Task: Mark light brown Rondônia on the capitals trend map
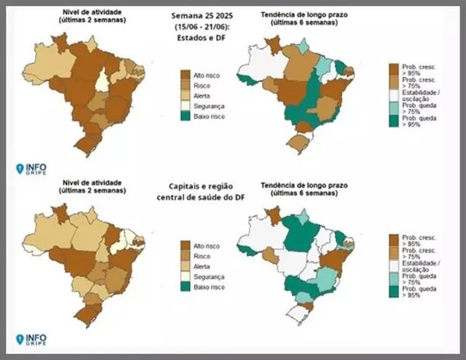pyautogui.click(x=269, y=254)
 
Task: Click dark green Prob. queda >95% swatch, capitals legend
pyautogui.click(x=392, y=292)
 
